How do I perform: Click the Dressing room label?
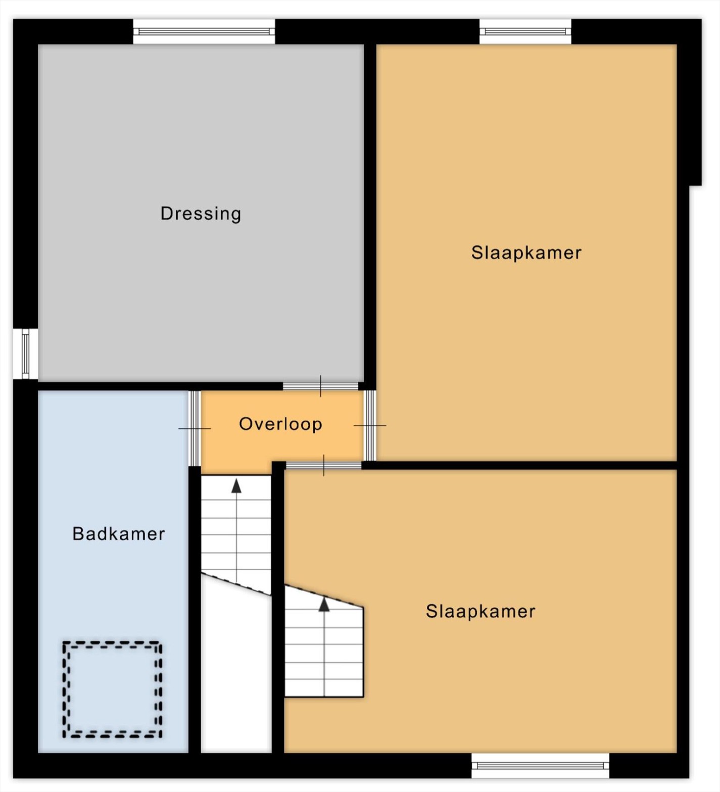point(201,214)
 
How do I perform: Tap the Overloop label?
point(280,424)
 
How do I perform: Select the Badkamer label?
point(119,534)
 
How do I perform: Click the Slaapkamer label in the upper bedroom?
point(526,253)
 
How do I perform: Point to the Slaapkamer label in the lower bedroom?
point(481,611)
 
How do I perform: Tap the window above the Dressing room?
point(204,31)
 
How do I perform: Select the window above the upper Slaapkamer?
point(525,31)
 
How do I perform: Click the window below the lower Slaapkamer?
point(540,766)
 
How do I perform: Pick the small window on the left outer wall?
point(25,354)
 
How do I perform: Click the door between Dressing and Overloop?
point(320,386)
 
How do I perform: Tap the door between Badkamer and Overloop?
point(195,428)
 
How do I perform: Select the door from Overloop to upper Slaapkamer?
point(370,425)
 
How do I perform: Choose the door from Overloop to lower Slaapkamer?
point(323,465)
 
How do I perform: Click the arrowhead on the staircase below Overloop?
point(236,486)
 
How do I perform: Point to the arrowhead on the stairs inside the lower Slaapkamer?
point(324,605)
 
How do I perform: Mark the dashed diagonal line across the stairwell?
point(236,584)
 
